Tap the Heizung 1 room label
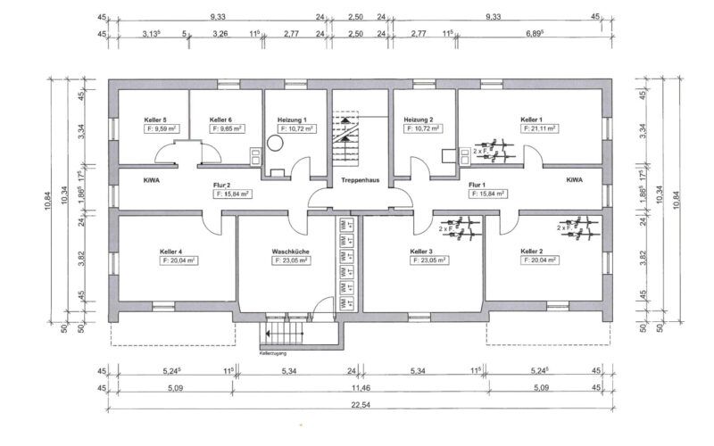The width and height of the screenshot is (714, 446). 292,120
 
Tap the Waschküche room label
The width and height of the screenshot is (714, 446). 289,252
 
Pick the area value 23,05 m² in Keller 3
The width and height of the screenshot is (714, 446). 428,261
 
